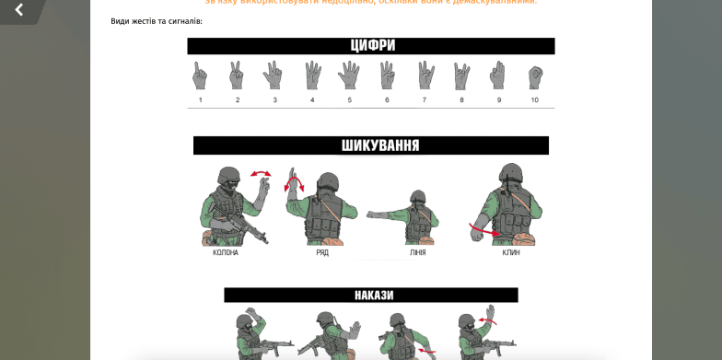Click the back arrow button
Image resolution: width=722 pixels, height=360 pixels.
[x=18, y=10]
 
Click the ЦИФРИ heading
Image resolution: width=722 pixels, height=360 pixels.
[x=371, y=45]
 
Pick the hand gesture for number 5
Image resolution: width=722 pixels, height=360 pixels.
[x=349, y=75]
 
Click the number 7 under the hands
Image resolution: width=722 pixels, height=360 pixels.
[x=424, y=99]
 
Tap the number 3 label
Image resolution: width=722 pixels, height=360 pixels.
[x=274, y=99]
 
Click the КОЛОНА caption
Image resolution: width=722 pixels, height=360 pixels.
[x=226, y=252]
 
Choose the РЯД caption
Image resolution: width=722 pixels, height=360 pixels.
[x=322, y=252]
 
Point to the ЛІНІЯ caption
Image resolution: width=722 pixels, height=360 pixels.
[x=417, y=252]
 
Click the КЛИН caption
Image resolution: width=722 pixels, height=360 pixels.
[x=511, y=252]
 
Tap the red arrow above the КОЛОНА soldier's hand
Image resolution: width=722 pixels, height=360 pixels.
[x=262, y=172]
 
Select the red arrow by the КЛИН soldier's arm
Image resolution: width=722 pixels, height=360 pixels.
[x=481, y=230]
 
